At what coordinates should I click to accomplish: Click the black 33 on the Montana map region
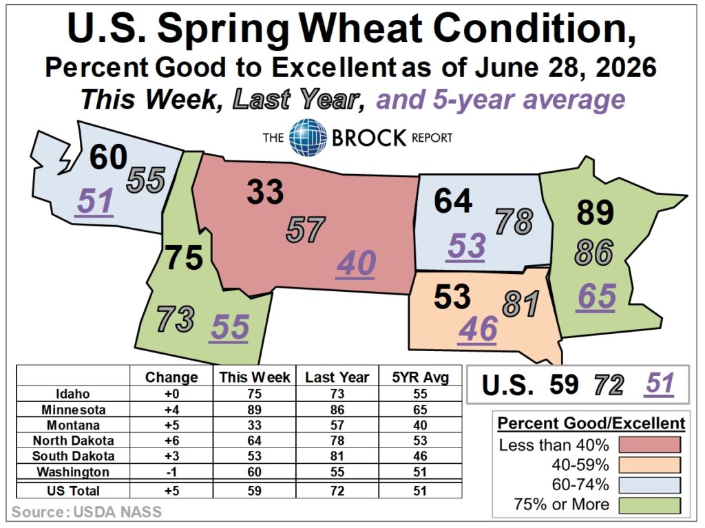(265, 191)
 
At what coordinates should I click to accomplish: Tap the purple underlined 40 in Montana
(356, 264)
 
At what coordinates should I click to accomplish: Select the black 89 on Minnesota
(596, 212)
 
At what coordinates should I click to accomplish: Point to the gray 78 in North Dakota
(514, 221)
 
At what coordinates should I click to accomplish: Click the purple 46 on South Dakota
(478, 329)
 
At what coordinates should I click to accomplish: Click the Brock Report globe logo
(308, 137)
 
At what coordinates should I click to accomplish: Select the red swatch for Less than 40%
(649, 445)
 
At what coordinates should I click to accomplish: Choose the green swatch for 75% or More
(649, 505)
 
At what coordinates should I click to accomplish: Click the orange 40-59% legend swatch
(649, 465)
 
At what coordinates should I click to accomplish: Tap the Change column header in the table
(171, 377)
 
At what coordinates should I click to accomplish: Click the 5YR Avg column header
(421, 377)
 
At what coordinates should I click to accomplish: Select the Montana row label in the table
(73, 425)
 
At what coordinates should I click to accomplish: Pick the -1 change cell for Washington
(171, 472)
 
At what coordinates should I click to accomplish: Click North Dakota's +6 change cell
(171, 441)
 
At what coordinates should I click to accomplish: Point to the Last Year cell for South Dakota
(337, 456)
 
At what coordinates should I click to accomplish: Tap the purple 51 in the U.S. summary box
(659, 384)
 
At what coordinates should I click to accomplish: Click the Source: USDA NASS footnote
(86, 512)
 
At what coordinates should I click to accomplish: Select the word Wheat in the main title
(361, 28)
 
